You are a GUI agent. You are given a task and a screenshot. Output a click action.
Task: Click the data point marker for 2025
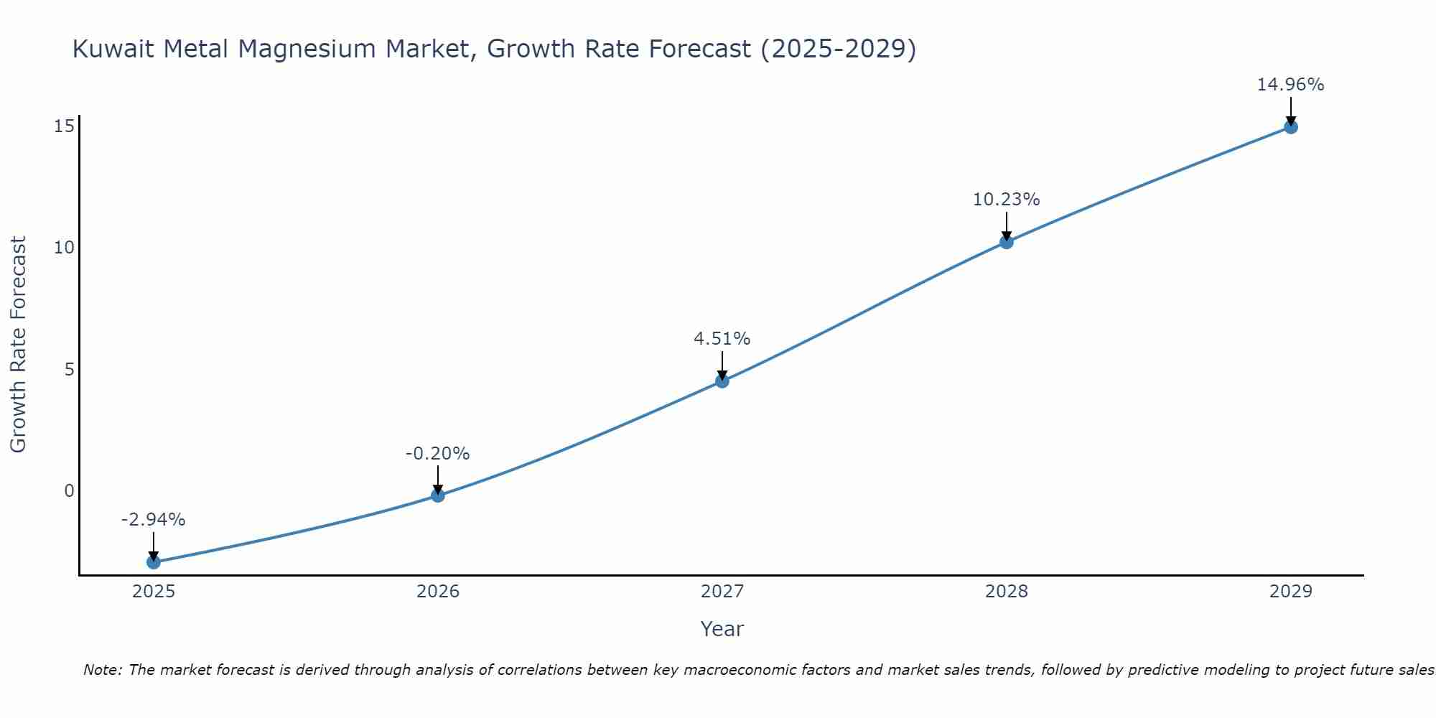pos(154,561)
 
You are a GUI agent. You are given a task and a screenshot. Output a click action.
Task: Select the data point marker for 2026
pos(438,495)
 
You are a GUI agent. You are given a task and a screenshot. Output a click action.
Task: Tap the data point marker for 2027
pos(722,381)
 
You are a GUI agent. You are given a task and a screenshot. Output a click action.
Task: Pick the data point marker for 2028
pos(1007,242)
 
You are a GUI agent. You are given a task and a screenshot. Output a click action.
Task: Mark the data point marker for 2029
pos(1291,127)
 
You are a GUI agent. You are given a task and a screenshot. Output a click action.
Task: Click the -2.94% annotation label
pos(154,519)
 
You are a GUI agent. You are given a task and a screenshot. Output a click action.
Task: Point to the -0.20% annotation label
pos(438,453)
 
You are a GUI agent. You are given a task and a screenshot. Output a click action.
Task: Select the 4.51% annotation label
pos(722,338)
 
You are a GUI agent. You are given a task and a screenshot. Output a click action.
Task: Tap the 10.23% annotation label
pos(1007,200)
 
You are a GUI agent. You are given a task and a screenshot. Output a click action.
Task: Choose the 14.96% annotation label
pos(1291,85)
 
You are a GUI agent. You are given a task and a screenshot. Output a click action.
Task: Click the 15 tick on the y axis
pos(64,126)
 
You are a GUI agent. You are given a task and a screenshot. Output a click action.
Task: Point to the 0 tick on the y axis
pos(69,490)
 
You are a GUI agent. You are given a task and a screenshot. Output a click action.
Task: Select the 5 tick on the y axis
pos(69,369)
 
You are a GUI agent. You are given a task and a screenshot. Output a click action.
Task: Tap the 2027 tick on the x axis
pos(722,592)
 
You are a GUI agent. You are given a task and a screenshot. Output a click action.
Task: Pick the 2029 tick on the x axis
pos(1291,592)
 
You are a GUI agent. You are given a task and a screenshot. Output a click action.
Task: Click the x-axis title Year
pos(722,629)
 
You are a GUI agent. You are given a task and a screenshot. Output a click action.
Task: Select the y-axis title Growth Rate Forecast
pos(19,345)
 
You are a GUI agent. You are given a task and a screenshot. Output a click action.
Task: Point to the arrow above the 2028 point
pos(1007,226)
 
